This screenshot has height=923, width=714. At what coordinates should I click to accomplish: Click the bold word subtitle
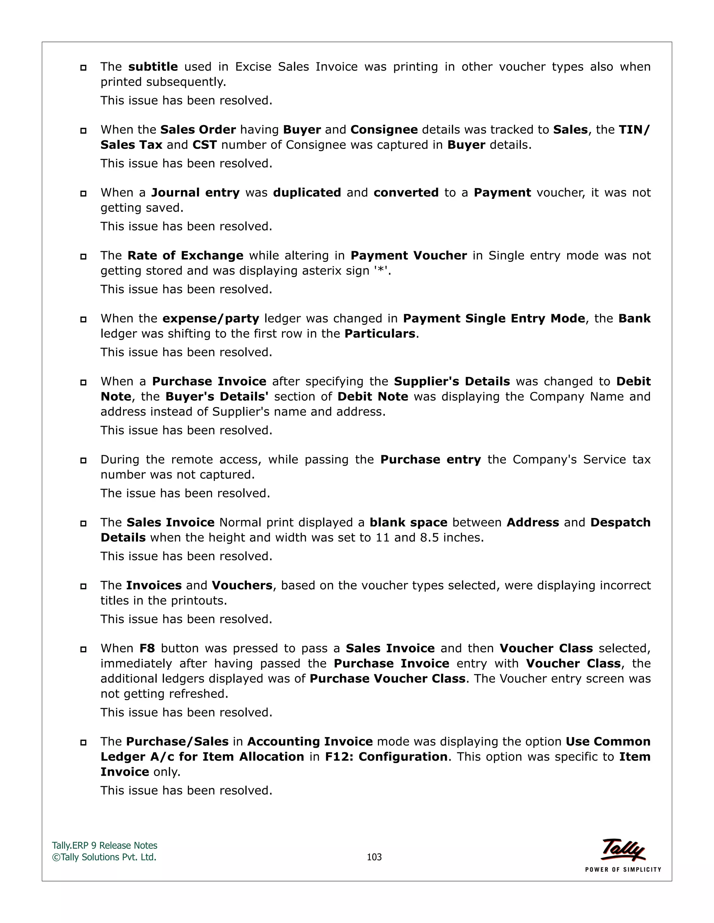153,67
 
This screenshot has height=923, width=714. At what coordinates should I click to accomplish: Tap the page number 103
374,857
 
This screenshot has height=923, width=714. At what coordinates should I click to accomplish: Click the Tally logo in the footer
623,850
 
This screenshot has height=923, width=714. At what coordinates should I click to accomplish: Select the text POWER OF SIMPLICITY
623,869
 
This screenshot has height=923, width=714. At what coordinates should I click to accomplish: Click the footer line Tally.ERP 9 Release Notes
105,845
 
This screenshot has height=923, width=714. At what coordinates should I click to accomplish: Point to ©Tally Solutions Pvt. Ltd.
104,857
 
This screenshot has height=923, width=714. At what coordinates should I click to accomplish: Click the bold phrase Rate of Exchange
185,256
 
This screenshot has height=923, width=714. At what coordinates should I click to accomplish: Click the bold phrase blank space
408,522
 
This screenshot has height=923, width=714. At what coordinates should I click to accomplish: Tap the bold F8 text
147,648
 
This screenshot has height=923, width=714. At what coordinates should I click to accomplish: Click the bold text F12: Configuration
386,757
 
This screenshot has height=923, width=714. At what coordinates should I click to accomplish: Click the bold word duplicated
307,193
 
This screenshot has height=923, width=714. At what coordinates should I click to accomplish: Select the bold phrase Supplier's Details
452,382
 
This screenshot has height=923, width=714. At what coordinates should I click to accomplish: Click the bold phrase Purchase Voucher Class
387,679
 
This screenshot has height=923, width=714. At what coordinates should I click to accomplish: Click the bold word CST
205,145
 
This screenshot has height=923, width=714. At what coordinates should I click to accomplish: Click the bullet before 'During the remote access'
83,460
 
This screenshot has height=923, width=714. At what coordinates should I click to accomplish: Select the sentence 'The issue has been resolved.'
185,493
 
